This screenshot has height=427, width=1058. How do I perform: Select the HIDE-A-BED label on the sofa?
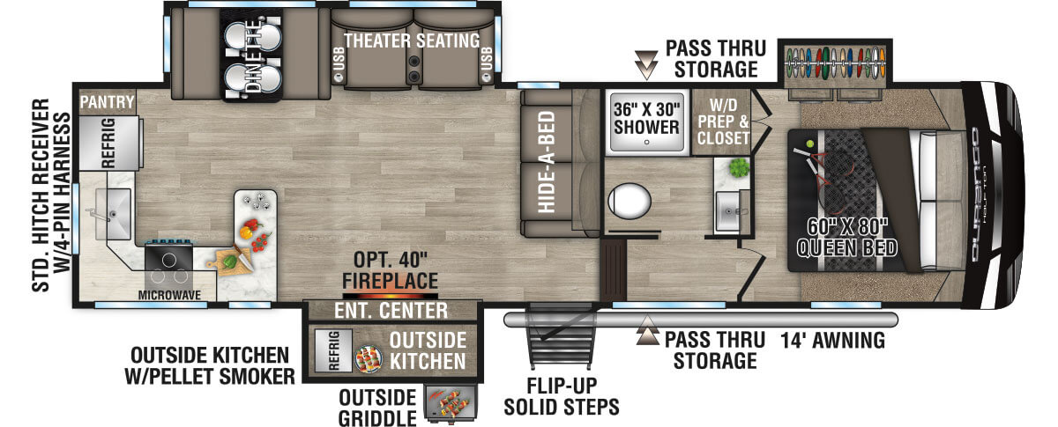547,163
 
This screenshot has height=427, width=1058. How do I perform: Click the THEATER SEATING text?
412,40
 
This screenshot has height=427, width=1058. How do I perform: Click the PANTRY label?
107,103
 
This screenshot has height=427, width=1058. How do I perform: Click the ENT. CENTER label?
390,311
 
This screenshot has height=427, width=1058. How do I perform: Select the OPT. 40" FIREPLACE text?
390,270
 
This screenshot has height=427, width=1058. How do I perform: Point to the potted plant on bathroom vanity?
738,167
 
